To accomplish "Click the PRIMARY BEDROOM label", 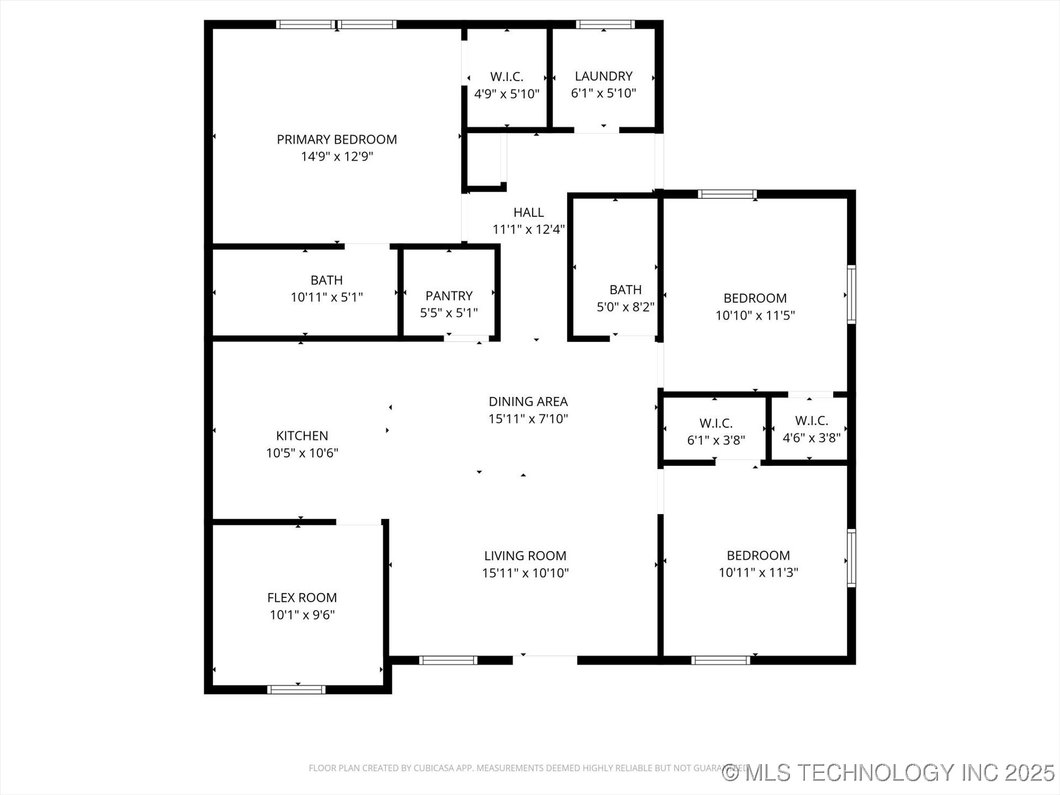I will pyautogui.click(x=337, y=140).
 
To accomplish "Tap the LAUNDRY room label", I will pyautogui.click(x=603, y=76).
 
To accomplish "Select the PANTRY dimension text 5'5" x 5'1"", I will pyautogui.click(x=449, y=313).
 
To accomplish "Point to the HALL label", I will pyautogui.click(x=528, y=213).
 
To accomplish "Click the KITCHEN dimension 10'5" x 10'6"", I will pyautogui.click(x=302, y=453).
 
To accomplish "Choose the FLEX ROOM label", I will pyautogui.click(x=302, y=597).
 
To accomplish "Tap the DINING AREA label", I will pyautogui.click(x=528, y=401).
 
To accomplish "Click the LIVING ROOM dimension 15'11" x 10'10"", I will pyautogui.click(x=525, y=573).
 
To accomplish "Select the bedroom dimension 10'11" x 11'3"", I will pyautogui.click(x=758, y=573).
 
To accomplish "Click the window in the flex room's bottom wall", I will pyautogui.click(x=296, y=689).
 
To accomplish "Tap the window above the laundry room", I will pyautogui.click(x=605, y=24).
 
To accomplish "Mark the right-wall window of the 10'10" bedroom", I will pyautogui.click(x=851, y=295).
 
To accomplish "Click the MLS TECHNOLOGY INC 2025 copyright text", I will pyautogui.click(x=889, y=772).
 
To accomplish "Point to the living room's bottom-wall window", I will pyautogui.click(x=448, y=660).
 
